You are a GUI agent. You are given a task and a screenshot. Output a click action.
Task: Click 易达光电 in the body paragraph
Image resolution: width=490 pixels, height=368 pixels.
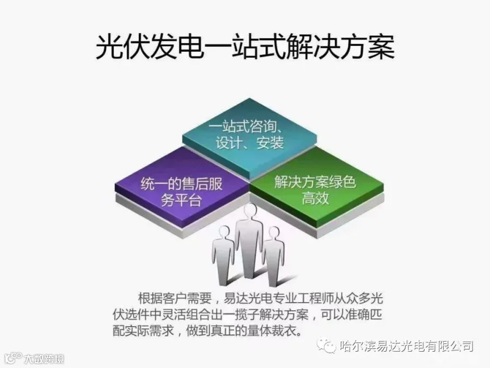point(246,298)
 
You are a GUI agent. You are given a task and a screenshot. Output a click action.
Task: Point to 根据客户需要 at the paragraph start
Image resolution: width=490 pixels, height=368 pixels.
point(173,298)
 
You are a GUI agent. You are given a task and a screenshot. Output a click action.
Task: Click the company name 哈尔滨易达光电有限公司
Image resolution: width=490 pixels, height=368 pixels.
point(405,346)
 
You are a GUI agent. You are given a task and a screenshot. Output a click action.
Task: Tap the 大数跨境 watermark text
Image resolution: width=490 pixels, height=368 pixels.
point(44,359)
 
